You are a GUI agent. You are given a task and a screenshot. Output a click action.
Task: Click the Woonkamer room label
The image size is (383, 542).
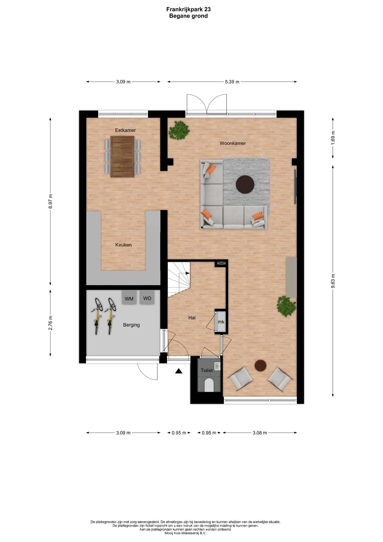[233, 143]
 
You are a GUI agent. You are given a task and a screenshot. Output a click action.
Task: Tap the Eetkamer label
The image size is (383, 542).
[125, 130]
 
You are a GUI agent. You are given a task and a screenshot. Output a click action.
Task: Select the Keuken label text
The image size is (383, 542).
[123, 245]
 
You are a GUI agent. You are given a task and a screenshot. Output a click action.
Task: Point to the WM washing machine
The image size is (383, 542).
[129, 298]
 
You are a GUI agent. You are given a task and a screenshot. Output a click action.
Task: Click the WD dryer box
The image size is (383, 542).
[147, 297]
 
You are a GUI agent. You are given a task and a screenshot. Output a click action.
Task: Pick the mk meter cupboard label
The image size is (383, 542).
[221, 322]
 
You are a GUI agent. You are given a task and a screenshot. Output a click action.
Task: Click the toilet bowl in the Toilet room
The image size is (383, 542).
[209, 385]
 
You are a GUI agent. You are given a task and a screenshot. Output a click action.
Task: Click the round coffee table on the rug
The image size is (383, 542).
[245, 184]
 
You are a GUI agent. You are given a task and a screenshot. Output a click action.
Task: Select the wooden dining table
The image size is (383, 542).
[122, 156]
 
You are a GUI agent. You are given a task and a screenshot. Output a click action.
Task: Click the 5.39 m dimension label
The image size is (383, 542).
[232, 82]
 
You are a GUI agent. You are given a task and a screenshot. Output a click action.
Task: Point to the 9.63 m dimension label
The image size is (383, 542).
[333, 282]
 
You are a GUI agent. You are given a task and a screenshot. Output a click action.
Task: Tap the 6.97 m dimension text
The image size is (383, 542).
[50, 202]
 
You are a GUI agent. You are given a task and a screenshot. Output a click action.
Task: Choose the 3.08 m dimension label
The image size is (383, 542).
[260, 433]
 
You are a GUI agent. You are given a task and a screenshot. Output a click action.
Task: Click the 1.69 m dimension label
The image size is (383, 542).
[333, 138]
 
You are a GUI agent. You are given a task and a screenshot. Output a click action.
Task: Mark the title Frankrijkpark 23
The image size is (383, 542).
[189, 9]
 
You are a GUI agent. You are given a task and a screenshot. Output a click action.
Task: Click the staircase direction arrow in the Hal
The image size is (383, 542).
[188, 273]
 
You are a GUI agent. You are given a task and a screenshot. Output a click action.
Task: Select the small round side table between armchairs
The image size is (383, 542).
[261, 365]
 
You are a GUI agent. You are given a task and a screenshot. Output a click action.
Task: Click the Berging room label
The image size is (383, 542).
[131, 325]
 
